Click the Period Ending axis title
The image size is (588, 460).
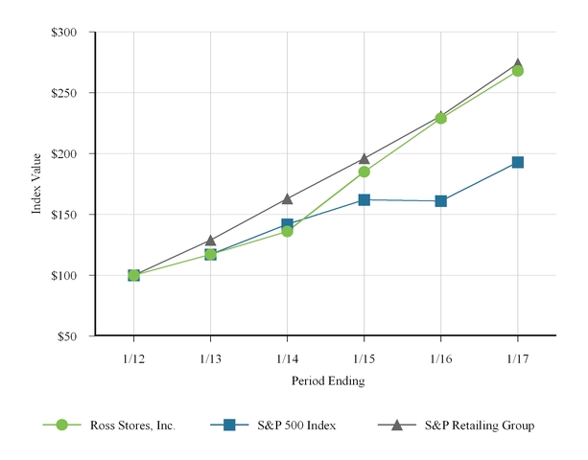(x=326, y=380)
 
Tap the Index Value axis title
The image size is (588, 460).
(x=37, y=184)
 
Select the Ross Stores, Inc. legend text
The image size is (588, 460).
(x=132, y=425)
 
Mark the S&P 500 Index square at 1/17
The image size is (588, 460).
(x=518, y=163)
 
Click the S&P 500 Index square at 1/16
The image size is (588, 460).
(x=441, y=201)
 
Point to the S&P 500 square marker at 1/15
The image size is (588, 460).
(x=365, y=199)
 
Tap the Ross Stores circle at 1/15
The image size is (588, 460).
(x=365, y=172)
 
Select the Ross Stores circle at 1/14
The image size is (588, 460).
(x=288, y=231)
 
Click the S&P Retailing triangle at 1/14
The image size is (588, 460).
(x=288, y=198)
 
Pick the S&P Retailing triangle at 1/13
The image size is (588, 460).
(x=211, y=240)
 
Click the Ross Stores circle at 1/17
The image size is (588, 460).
(x=518, y=71)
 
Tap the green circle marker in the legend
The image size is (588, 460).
(x=62, y=425)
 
